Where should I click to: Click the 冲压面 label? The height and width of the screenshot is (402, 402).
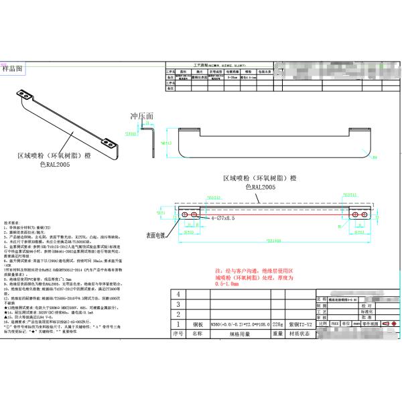point(142,116)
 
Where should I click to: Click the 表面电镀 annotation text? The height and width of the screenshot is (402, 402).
point(160,236)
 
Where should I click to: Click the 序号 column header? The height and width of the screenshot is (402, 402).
point(178,332)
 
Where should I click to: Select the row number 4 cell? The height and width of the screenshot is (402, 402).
point(178,293)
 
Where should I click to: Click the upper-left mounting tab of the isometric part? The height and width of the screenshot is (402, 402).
point(23,94)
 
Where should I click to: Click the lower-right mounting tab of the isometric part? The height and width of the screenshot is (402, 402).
point(108,142)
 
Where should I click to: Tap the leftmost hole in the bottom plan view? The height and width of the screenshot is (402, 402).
point(185,213)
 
